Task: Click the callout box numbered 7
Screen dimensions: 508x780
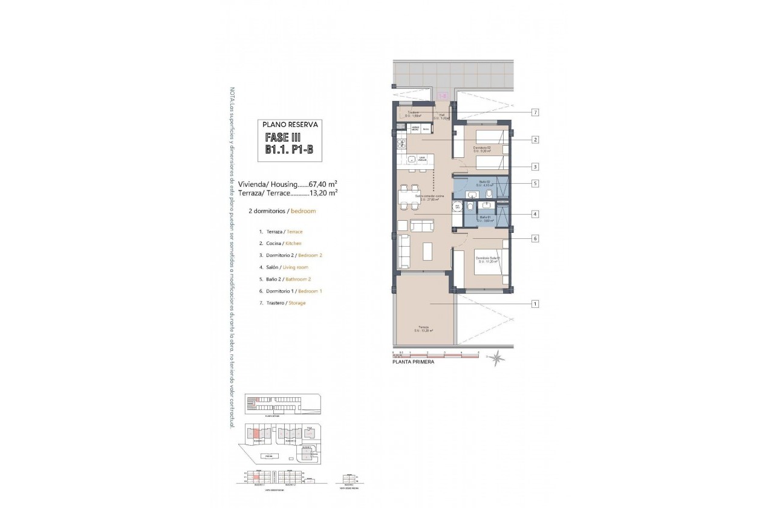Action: [x=535, y=112]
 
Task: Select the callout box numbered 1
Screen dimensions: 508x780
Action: [x=535, y=304]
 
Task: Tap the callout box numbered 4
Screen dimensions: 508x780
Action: [x=535, y=213]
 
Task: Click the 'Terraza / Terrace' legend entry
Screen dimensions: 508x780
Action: [x=280, y=232]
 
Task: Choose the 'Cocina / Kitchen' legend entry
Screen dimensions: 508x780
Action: [x=279, y=243]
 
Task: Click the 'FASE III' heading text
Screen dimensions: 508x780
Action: [x=283, y=138]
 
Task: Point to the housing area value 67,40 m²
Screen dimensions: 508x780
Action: [x=323, y=184]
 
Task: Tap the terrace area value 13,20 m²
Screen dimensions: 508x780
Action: [x=323, y=194]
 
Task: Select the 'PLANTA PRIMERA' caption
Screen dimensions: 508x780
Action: [x=413, y=364]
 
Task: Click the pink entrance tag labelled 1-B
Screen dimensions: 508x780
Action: [x=442, y=96]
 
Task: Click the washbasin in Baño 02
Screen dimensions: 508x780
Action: [x=473, y=194]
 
